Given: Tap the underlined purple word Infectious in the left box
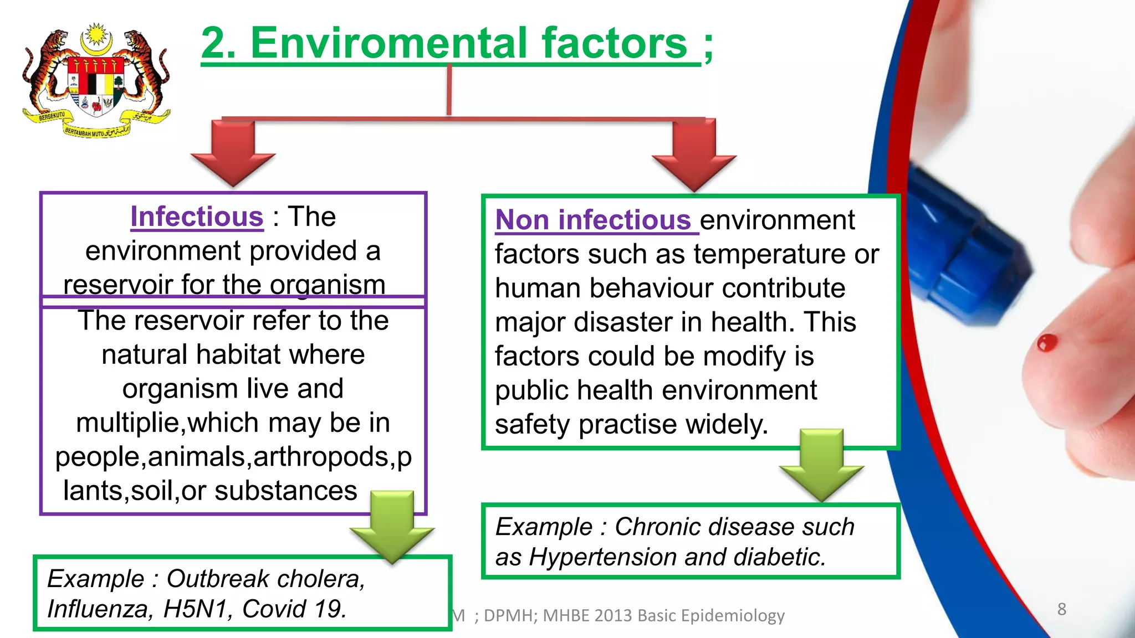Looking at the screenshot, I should (197, 217).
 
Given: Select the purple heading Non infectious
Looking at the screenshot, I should (593, 220).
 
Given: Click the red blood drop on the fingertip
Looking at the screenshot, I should (1047, 343).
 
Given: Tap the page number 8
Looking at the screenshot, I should (1061, 609).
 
